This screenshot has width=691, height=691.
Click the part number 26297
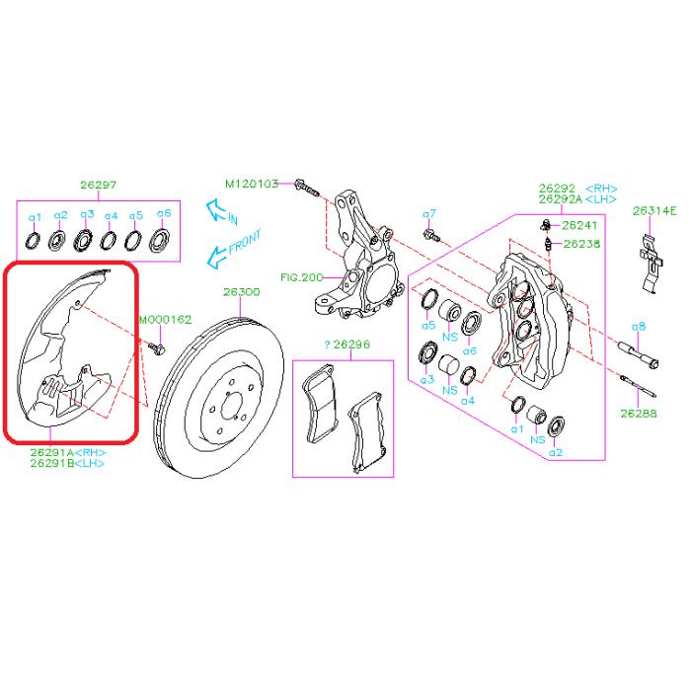98,185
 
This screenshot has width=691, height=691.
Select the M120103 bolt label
252,184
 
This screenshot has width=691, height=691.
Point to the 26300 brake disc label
240,292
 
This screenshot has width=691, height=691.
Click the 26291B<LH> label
66,463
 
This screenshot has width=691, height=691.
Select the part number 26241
579,225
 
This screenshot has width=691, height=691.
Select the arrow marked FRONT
227,250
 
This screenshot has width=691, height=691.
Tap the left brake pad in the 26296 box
321,408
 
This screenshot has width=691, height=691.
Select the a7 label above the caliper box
428,214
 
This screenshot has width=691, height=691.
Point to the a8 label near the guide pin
639,326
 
